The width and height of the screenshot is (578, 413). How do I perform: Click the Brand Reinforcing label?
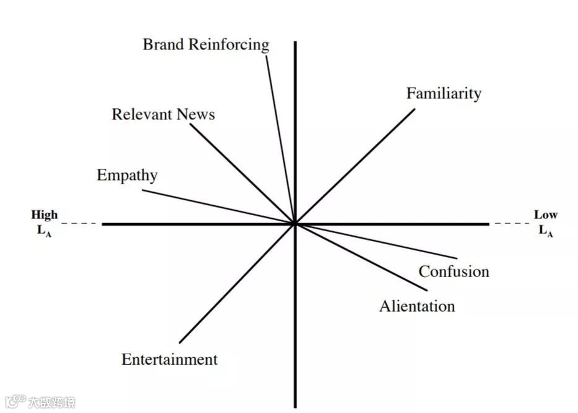[206, 45]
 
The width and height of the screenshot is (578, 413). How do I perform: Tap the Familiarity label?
[443, 93]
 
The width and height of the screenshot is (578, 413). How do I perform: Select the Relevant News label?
[163, 114]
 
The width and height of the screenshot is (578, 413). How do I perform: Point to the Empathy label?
[127, 175]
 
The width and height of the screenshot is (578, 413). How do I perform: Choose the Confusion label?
[454, 271]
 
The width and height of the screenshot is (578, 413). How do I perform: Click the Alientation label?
[416, 306]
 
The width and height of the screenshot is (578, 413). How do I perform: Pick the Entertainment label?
[170, 359]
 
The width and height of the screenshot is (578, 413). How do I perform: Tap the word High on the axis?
[45, 215]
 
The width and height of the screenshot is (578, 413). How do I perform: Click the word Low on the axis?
[545, 215]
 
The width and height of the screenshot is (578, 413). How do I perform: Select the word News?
[196, 114]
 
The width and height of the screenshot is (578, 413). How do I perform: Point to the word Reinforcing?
[229, 45]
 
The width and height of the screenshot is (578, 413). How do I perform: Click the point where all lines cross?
[295, 224]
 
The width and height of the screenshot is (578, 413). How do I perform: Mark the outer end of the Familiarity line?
[415, 110]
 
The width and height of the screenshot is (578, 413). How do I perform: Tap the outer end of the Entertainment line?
[179, 343]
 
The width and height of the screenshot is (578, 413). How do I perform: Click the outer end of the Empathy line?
[142, 190]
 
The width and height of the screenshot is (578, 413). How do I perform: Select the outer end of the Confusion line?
[457, 258]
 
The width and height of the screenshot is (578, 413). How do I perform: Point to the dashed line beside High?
[79, 223]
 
